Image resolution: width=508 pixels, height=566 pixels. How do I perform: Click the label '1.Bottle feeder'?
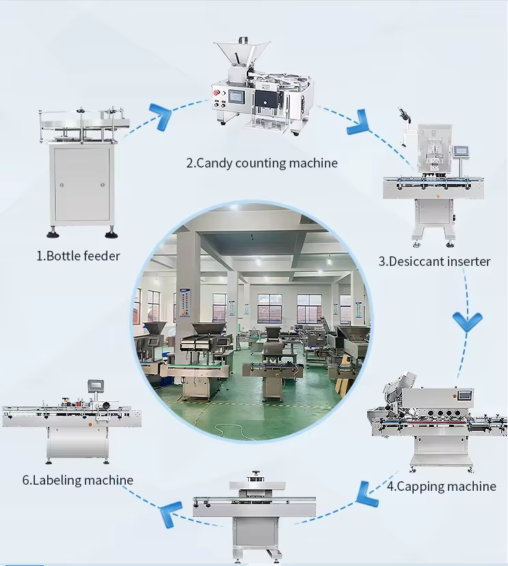pos(78,256)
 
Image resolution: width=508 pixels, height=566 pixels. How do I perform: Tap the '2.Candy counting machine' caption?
pos(262,163)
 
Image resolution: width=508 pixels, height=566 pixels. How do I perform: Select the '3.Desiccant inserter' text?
pos(434,261)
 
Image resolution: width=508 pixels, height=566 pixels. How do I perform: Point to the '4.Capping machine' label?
pos(442,486)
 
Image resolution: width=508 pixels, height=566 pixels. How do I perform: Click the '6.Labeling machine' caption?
pos(78,480)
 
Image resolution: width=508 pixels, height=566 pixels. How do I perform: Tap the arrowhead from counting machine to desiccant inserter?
pos(358,122)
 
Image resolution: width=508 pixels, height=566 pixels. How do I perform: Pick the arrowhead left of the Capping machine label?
pos(367,494)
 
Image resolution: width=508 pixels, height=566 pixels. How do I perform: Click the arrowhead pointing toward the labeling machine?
pos(171,513)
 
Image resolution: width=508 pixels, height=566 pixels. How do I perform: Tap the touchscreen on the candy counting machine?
pos(237,96)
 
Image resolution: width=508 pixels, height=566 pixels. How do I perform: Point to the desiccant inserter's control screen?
pos(461,151)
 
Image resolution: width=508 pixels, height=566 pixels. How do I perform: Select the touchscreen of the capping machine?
pos(465,394)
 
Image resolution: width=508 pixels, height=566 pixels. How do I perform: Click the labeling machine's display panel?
pos(96,385)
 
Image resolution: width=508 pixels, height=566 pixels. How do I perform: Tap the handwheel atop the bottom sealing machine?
pos(256,474)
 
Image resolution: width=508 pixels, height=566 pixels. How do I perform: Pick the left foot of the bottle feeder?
pos(53,234)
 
